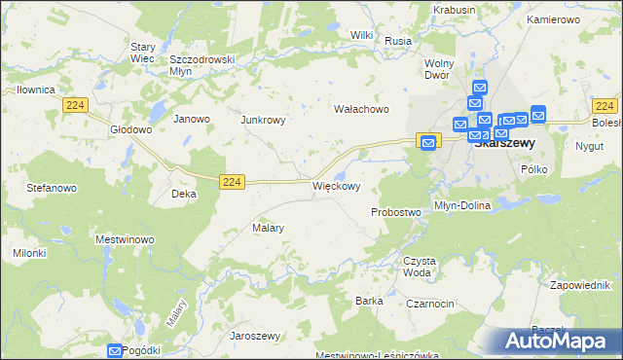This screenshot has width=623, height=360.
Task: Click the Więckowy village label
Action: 336,186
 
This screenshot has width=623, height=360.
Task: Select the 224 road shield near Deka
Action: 231,181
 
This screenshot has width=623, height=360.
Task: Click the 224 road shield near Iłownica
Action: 73,104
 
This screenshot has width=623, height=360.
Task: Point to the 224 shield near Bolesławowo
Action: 605,106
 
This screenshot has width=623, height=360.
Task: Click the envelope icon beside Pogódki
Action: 116,350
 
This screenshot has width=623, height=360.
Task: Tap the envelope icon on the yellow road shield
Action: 428,142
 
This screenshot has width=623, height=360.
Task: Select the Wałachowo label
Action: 362,110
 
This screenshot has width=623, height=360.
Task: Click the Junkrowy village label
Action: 263,121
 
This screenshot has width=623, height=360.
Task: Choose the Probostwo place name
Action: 395,211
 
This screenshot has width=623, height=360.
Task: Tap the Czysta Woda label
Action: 419,266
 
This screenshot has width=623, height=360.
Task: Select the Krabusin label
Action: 456,10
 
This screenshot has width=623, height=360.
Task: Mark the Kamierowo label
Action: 552,19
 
